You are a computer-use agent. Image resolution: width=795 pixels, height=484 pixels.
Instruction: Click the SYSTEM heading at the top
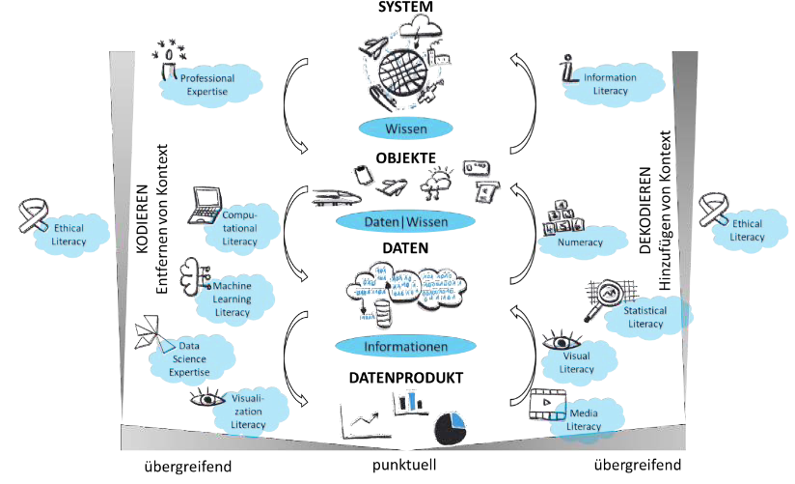click(x=405, y=8)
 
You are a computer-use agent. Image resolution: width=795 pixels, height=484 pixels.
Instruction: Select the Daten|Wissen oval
click(x=405, y=222)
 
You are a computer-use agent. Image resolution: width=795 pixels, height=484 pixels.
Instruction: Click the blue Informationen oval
click(x=405, y=345)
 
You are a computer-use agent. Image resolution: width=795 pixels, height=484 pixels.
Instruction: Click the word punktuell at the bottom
click(x=406, y=466)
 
